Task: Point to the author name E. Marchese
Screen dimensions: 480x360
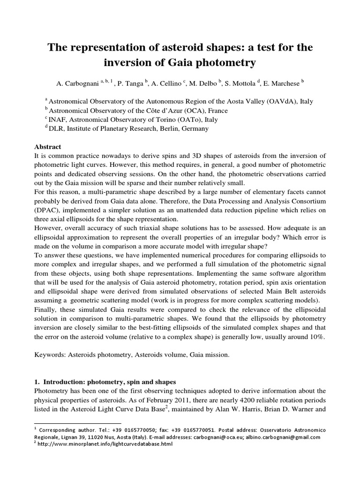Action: pos(283,83)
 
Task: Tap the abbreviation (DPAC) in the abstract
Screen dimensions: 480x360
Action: pos(50,210)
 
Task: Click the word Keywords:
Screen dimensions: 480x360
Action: pos(52,355)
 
